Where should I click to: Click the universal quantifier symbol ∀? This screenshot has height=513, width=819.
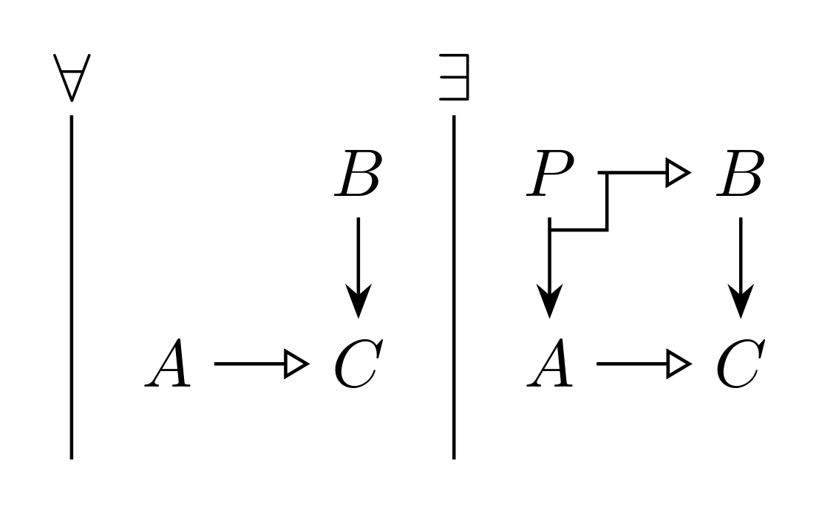[x=72, y=78]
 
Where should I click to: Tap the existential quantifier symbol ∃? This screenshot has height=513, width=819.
[x=454, y=77]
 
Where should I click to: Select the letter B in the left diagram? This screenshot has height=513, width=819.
[x=358, y=174]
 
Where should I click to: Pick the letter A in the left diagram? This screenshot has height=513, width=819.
[x=168, y=362]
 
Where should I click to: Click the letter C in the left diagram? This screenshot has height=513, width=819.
[x=358, y=363]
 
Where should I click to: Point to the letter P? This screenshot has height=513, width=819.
[x=550, y=174]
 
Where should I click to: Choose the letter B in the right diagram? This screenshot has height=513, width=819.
[x=741, y=174]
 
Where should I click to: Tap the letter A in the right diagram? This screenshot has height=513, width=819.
[x=549, y=362]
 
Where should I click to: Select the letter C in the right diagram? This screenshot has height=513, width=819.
[x=741, y=363]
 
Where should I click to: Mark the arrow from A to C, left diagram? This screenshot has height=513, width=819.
[x=262, y=364]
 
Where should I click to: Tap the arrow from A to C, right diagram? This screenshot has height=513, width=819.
[x=644, y=364]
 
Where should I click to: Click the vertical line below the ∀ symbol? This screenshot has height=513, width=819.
[x=72, y=288]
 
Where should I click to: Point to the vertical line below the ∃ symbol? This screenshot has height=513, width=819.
[x=454, y=288]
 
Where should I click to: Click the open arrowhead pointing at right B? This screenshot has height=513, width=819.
[x=679, y=172]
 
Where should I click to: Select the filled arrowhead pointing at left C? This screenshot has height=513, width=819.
[x=358, y=301]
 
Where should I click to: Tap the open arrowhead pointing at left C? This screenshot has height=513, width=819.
[x=296, y=364]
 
